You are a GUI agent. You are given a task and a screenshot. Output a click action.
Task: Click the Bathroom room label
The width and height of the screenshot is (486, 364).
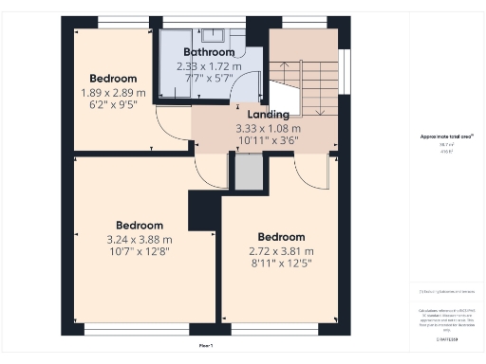point(208,52)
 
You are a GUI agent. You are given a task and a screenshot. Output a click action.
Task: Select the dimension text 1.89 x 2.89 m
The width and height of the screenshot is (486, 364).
point(114,93)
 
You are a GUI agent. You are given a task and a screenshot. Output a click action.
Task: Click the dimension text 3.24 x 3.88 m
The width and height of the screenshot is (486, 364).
point(140,241)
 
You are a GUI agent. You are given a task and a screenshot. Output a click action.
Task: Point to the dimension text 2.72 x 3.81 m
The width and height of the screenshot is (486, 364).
point(281,251)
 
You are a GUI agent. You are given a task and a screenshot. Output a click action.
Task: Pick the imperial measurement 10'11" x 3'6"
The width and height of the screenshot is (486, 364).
point(269,141)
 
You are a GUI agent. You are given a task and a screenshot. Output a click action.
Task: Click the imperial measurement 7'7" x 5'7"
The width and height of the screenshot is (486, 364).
point(209,79)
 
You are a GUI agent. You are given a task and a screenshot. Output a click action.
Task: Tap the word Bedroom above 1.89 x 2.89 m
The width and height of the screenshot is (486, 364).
point(114,79)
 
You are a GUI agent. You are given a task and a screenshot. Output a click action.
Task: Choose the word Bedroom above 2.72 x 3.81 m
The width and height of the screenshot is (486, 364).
point(281,237)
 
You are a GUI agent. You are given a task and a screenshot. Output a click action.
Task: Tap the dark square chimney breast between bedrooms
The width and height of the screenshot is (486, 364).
point(203,210)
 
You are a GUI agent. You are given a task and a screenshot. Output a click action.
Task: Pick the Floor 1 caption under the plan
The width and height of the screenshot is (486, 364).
point(206,346)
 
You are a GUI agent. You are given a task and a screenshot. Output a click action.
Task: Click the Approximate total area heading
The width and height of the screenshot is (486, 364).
point(446,136)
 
